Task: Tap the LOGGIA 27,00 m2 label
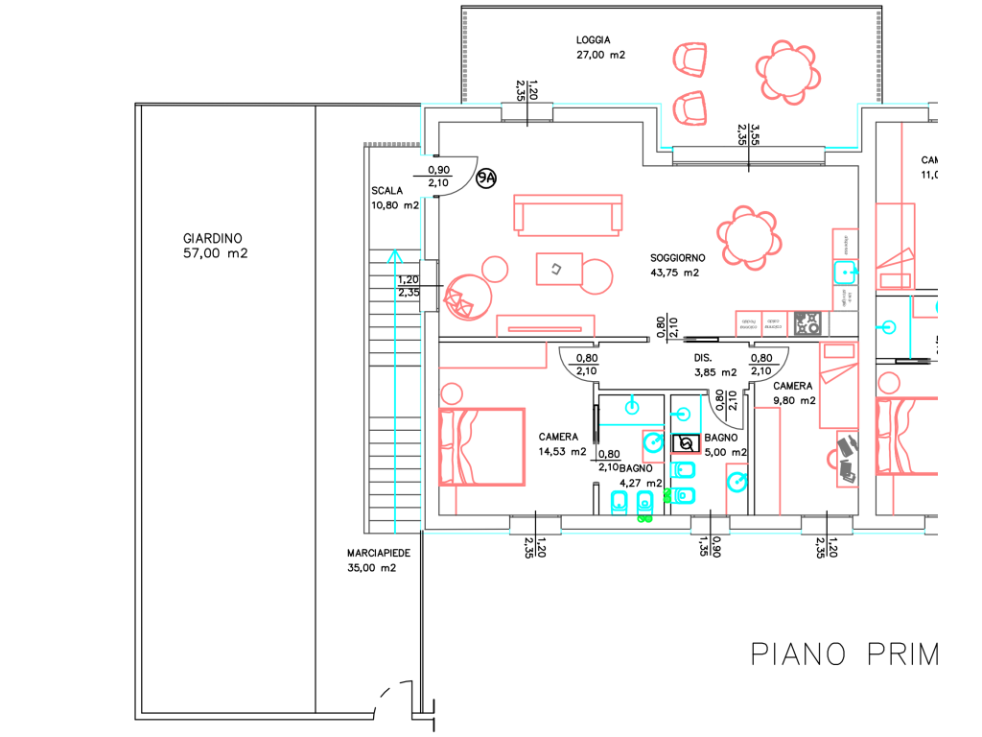[x=600, y=48]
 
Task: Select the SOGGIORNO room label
[x=677, y=265]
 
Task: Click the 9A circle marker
[x=487, y=178]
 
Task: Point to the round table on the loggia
[x=786, y=70]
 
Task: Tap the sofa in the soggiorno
[x=567, y=214]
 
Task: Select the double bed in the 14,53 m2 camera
[x=481, y=446]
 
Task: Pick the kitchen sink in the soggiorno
[x=845, y=273]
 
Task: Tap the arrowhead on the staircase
[x=393, y=256]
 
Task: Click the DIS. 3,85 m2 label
[x=714, y=365]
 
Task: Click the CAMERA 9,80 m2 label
[x=794, y=393]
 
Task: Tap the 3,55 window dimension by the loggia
[x=755, y=133]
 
